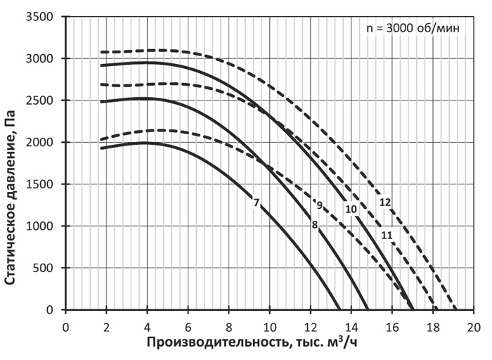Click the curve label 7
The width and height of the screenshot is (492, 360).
coord(257,203)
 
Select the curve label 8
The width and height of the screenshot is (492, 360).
coord(315,224)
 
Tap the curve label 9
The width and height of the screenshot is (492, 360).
coord(319,205)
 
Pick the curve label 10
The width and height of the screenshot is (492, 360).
coord(351,209)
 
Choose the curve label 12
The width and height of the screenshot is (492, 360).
coord(384,202)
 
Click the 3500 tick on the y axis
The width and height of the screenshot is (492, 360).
coord(45,16)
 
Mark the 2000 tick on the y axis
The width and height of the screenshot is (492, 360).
coord(45,142)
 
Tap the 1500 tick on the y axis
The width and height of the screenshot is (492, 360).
coord(45,184)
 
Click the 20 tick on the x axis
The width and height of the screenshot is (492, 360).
coord(474,326)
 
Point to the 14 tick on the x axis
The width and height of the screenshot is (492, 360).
coord(351,326)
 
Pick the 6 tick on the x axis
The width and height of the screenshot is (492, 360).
coord(188,326)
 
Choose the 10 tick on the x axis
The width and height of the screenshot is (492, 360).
coord(270,326)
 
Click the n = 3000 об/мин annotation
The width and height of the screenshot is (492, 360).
coord(413,29)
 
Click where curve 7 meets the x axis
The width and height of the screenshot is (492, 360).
coord(339,309)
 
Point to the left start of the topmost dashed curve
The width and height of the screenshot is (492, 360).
coord(101,52)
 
